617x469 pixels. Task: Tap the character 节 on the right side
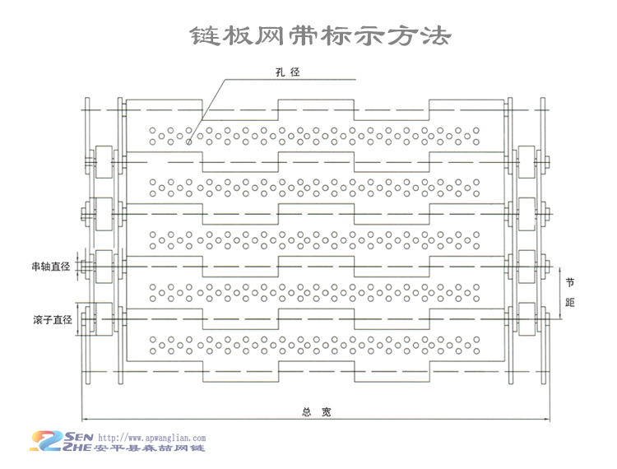click(570, 281)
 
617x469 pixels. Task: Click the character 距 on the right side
click(570, 303)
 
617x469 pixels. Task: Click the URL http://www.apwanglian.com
click(151, 439)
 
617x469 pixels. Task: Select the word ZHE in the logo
click(81, 448)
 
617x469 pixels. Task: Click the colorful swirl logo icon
click(48, 442)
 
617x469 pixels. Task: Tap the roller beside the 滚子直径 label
click(104, 319)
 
